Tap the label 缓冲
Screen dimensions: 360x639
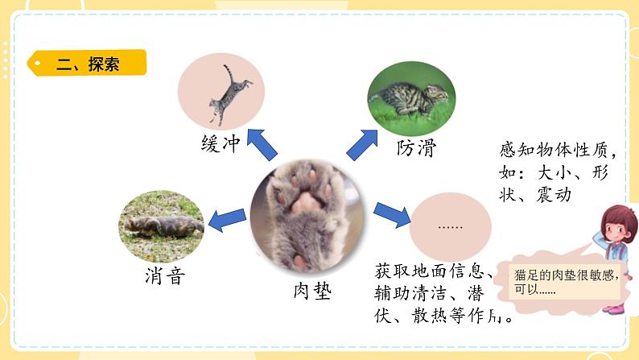pyautogui.click(x=221, y=144)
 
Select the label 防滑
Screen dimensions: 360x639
pyautogui.click(x=415, y=148)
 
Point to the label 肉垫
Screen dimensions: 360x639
pyautogui.click(x=311, y=290)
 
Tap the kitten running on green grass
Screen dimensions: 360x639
pyautogui.click(x=410, y=98)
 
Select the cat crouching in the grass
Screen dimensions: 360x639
pyautogui.click(x=161, y=226)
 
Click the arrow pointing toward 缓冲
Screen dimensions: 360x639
pyautogui.click(x=262, y=144)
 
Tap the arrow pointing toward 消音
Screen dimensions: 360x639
pyautogui.click(x=228, y=217)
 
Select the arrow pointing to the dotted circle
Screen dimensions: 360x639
pyautogui.click(x=391, y=215)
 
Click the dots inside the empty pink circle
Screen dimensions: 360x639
pyautogui.click(x=450, y=227)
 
